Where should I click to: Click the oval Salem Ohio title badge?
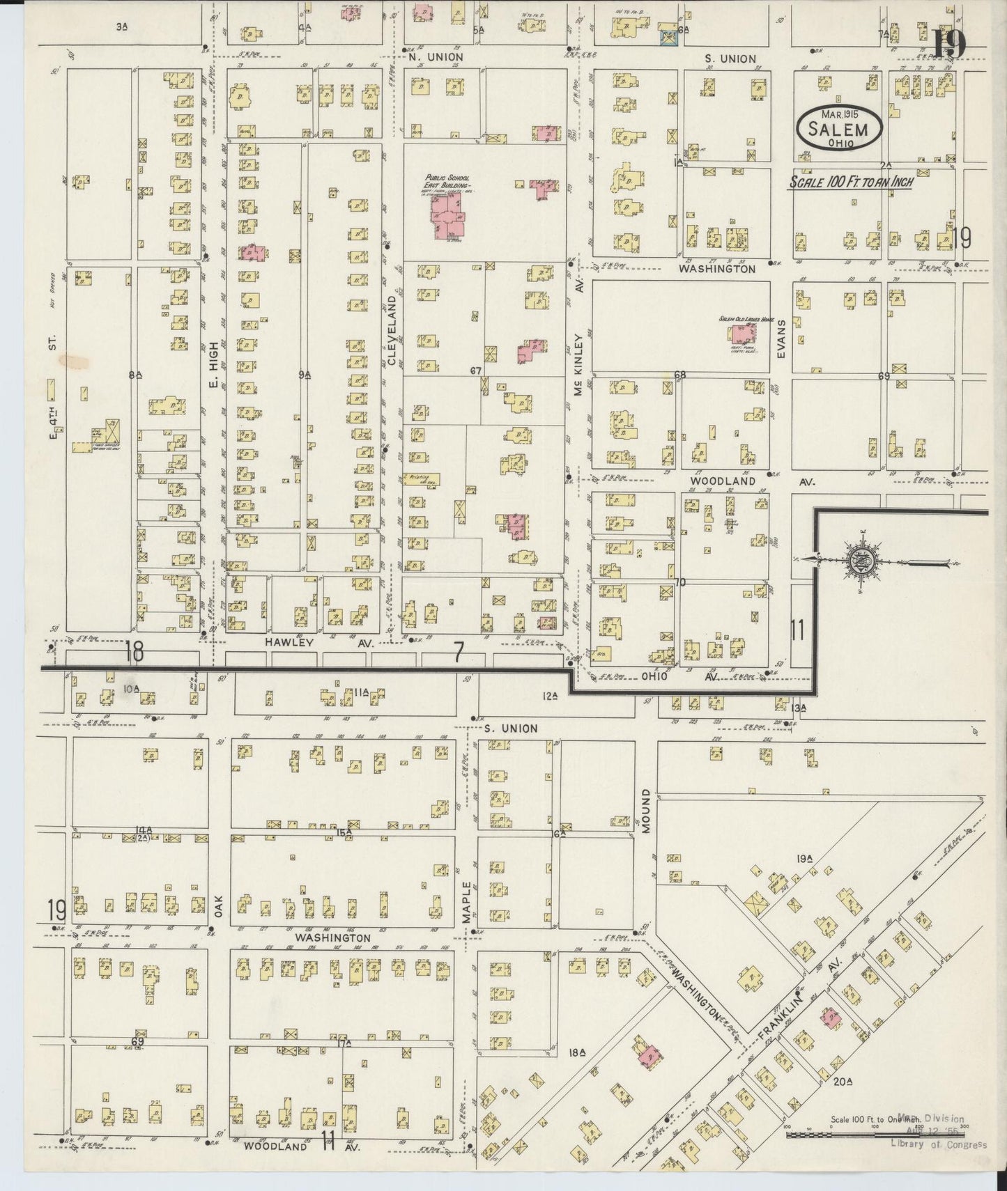840,127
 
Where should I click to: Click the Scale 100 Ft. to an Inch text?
850,182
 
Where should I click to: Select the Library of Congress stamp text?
939,1144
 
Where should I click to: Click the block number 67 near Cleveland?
476,371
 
